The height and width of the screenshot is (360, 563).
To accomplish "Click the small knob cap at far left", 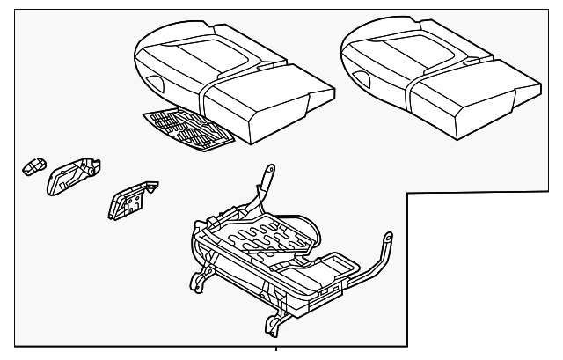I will coord(34,165).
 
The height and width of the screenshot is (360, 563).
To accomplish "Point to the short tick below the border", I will coord(278,353).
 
